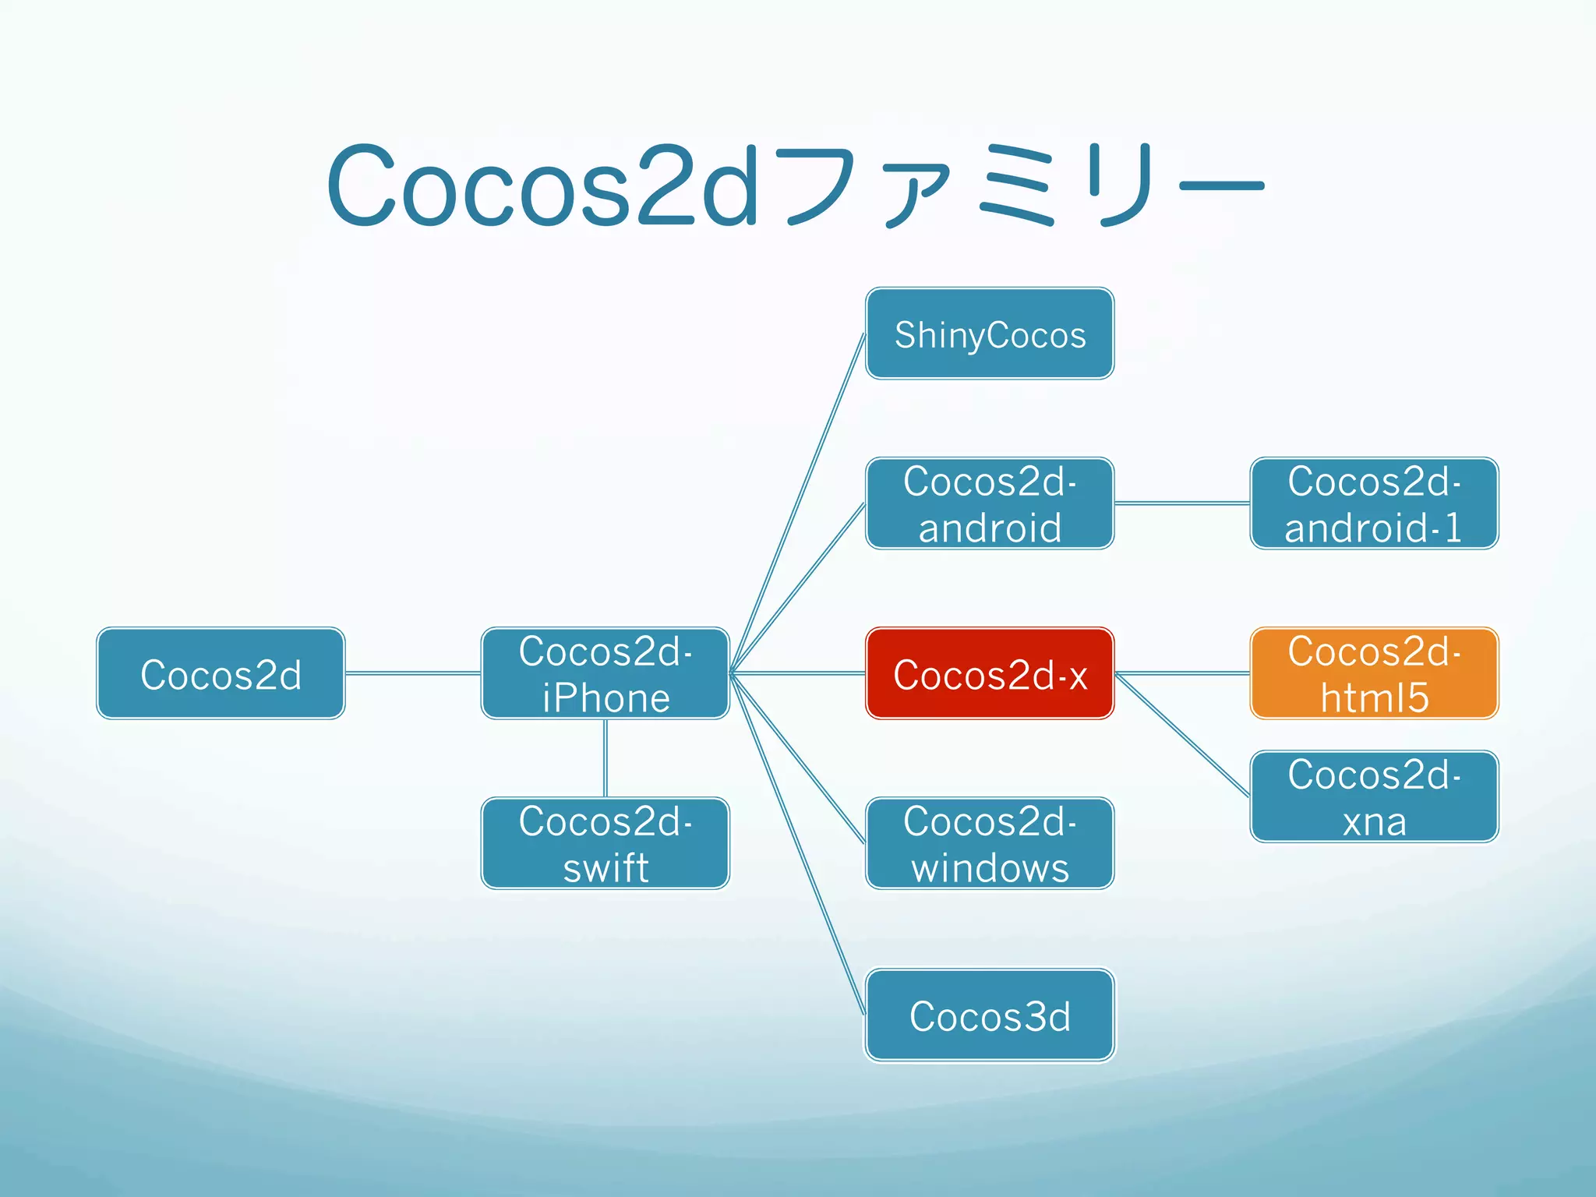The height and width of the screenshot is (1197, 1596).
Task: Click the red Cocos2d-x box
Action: (x=990, y=673)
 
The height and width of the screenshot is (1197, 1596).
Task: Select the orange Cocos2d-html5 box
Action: (x=1374, y=673)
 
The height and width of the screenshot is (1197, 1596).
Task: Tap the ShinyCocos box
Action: (x=990, y=334)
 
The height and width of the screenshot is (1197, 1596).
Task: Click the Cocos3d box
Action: (x=990, y=1015)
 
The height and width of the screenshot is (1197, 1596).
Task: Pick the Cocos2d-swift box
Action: (x=606, y=843)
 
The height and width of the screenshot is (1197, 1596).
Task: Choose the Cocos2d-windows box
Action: (x=990, y=843)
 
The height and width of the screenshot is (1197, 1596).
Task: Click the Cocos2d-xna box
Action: (x=1374, y=796)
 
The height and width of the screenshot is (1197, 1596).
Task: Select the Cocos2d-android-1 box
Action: (x=1374, y=503)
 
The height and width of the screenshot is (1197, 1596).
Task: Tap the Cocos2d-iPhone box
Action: (x=606, y=673)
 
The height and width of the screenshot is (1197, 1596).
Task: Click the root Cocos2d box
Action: (x=221, y=673)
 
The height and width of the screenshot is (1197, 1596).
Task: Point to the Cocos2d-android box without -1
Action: (x=990, y=503)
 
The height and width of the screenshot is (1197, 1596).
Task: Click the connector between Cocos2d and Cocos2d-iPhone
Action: (x=413, y=673)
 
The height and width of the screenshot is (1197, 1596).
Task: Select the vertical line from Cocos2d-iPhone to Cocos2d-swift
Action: (x=606, y=757)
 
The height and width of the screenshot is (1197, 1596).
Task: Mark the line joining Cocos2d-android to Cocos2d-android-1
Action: (x=1182, y=503)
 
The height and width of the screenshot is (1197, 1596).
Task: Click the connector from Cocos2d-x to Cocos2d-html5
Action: (x=1182, y=673)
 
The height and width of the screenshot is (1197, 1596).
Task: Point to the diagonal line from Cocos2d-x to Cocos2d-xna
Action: (x=1182, y=735)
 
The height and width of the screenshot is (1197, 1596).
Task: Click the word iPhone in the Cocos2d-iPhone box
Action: (x=606, y=697)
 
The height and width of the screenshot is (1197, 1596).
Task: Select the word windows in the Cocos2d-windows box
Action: (x=990, y=867)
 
